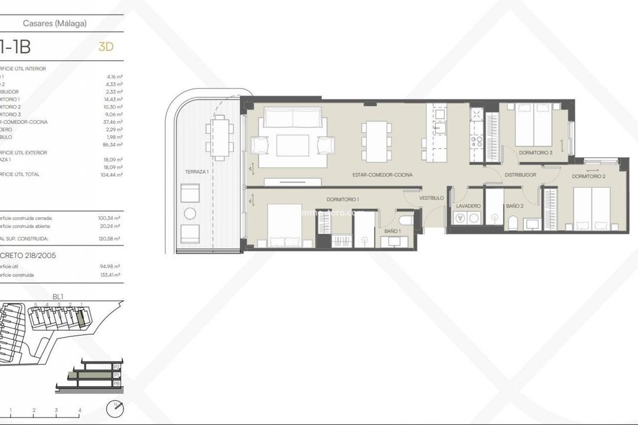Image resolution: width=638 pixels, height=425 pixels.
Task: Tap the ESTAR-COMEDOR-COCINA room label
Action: point(382,175)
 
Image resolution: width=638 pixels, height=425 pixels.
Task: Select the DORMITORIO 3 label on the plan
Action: point(536,153)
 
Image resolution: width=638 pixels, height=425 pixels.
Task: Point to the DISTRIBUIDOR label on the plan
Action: point(520,175)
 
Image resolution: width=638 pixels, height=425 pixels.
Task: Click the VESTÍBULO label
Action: point(431,198)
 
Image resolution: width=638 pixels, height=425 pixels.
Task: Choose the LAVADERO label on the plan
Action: point(468,205)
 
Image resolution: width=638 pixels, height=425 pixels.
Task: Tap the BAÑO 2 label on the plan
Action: point(515,205)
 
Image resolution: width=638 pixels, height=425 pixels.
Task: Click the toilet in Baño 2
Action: point(512,223)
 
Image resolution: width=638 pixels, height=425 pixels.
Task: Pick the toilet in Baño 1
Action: point(406,220)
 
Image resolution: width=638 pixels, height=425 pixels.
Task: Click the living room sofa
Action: point(292,117)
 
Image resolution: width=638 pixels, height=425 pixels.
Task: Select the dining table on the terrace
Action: point(220,137)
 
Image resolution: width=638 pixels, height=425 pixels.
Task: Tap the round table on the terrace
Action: point(190,214)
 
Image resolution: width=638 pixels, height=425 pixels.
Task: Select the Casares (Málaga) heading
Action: point(55,24)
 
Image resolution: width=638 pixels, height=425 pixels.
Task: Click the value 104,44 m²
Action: point(110,175)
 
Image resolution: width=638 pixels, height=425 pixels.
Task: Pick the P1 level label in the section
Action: point(116,375)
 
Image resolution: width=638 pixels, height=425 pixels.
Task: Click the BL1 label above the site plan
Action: point(58,297)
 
